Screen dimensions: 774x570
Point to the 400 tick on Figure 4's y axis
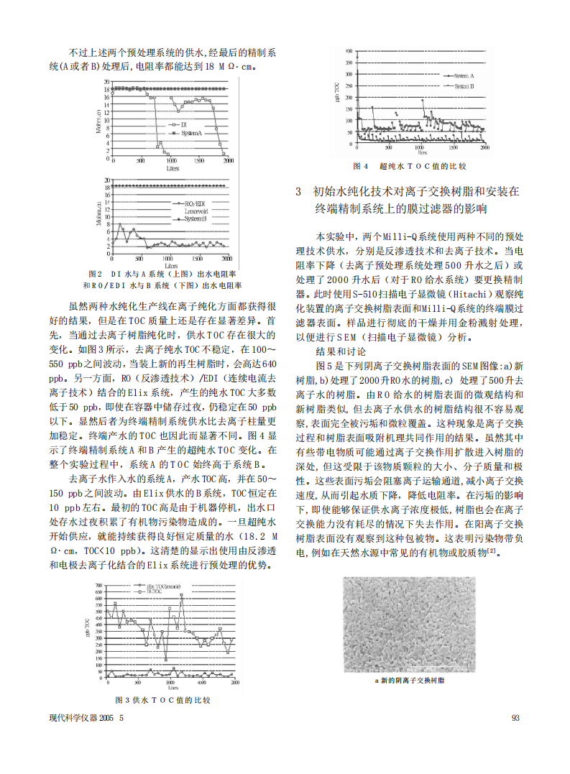[x=349, y=52]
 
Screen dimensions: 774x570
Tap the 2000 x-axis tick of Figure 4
[x=484, y=147]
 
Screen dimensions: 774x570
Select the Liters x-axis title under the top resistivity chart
[x=173, y=167]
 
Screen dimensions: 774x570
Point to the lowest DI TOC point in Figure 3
[x=166, y=660]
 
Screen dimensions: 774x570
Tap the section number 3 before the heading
[x=300, y=192]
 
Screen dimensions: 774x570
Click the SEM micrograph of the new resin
[x=410, y=625]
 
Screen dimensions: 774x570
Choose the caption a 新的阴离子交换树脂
[x=410, y=680]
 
